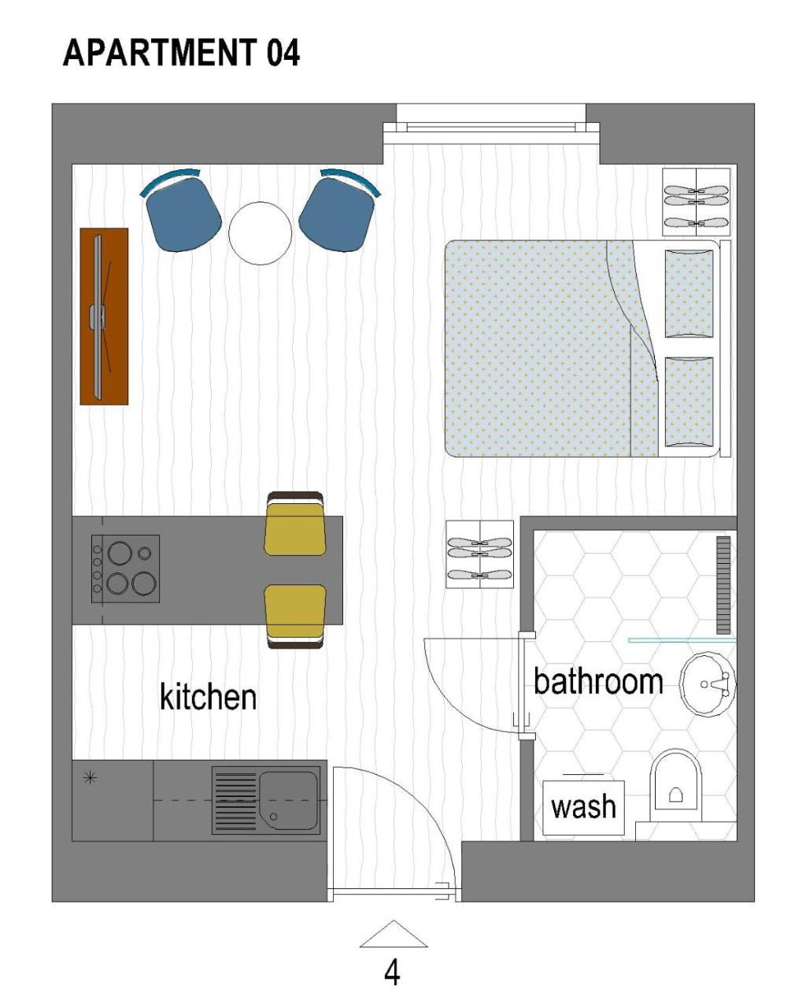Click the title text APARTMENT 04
(181, 53)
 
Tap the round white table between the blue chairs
(260, 233)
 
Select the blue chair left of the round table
(181, 209)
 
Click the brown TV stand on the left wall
(104, 316)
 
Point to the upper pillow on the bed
(689, 294)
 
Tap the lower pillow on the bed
(689, 402)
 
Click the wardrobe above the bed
(696, 202)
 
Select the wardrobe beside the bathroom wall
(479, 554)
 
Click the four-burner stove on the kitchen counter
(125, 569)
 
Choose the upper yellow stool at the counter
(295, 524)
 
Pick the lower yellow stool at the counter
(295, 617)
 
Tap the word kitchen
(208, 696)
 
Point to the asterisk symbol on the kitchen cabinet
(90, 778)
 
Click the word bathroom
(598, 681)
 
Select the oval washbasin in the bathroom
(707, 684)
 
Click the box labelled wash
(583, 807)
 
